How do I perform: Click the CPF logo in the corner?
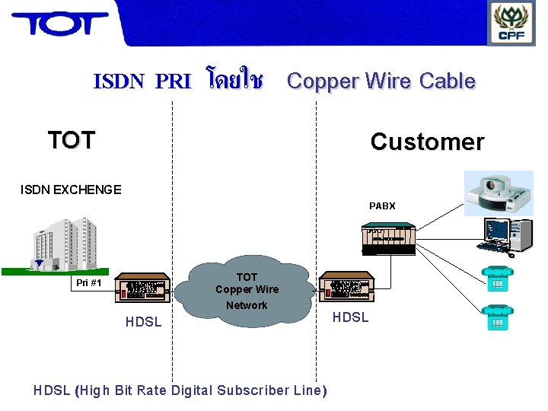pos(511,23)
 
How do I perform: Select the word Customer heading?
pos(426,142)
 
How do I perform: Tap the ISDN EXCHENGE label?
pos(71,190)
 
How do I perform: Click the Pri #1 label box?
pos(88,283)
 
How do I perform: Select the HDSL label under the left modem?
pos(143,322)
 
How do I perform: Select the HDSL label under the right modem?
pos(350,317)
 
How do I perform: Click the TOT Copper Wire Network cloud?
pos(247,291)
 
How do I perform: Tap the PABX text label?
pos(382,206)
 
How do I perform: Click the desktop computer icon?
pos(506,235)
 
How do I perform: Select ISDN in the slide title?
pos(119,81)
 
